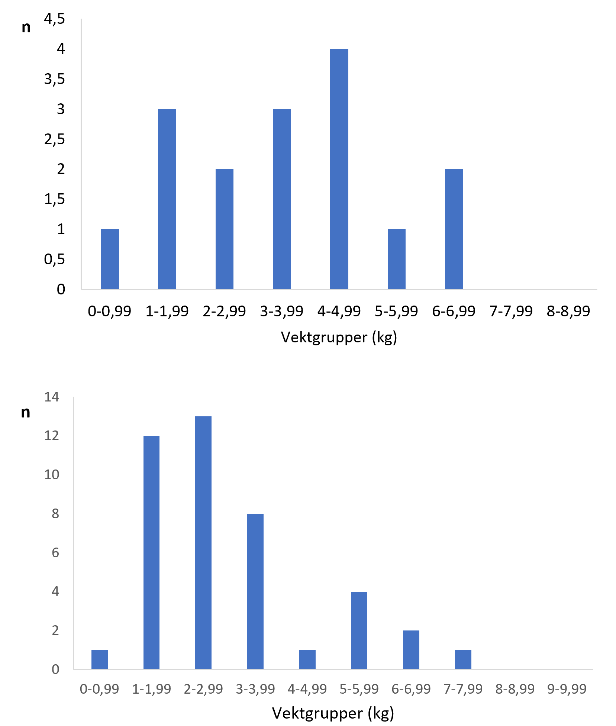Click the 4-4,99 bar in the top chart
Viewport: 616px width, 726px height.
point(339,169)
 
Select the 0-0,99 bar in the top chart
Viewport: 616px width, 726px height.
point(110,259)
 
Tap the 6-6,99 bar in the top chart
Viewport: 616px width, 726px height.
point(454,229)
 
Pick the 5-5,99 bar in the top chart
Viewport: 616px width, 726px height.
point(396,259)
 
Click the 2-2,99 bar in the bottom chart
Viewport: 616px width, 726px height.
point(203,543)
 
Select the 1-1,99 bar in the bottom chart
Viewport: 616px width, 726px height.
point(151,553)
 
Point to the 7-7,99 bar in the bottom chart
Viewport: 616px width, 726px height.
point(463,660)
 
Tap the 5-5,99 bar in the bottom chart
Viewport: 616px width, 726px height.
point(359,630)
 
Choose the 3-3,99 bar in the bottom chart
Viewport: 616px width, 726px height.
point(255,591)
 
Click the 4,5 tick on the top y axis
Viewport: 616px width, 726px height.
point(55,19)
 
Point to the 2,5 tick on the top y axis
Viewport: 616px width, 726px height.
point(55,139)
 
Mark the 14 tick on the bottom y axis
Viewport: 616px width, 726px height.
point(52,397)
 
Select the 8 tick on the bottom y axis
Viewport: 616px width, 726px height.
point(55,514)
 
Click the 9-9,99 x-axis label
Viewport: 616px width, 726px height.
point(567,689)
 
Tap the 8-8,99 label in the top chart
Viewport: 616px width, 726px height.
point(568,311)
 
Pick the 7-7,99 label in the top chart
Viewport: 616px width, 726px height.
point(511,311)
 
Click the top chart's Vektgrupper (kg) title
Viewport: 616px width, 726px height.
point(339,338)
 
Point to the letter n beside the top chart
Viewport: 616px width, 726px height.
point(26,27)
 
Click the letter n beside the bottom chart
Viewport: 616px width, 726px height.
point(25,412)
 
